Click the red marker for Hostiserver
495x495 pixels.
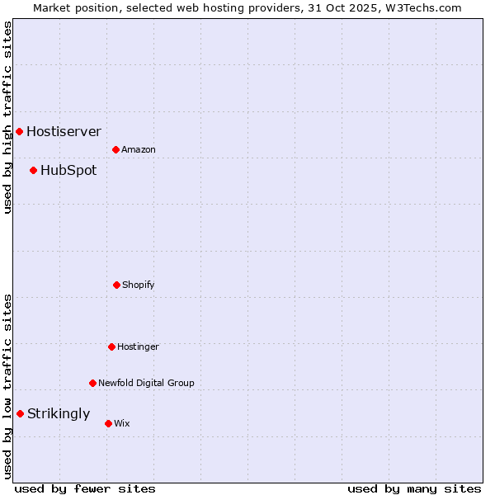pos(19,131)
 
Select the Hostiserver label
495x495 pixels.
pos(64,131)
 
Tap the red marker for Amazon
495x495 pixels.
pos(115,149)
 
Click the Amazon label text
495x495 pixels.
pos(139,149)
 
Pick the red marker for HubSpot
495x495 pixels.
pos(33,170)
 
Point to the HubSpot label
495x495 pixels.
pos(68,171)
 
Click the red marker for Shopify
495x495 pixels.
pos(116,285)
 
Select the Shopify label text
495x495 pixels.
pos(139,285)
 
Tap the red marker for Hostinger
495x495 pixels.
pos(111,346)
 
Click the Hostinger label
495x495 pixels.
pos(138,346)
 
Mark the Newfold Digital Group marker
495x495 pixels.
pos(92,383)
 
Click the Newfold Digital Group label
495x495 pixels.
pos(146,383)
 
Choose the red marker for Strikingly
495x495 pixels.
pos(20,413)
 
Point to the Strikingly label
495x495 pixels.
pos(59,414)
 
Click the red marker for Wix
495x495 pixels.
pos(108,423)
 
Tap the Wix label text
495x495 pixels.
pos(122,423)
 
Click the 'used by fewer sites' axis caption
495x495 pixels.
pos(85,488)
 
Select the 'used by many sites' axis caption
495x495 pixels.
pos(414,488)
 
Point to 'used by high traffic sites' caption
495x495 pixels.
pos(7,117)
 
